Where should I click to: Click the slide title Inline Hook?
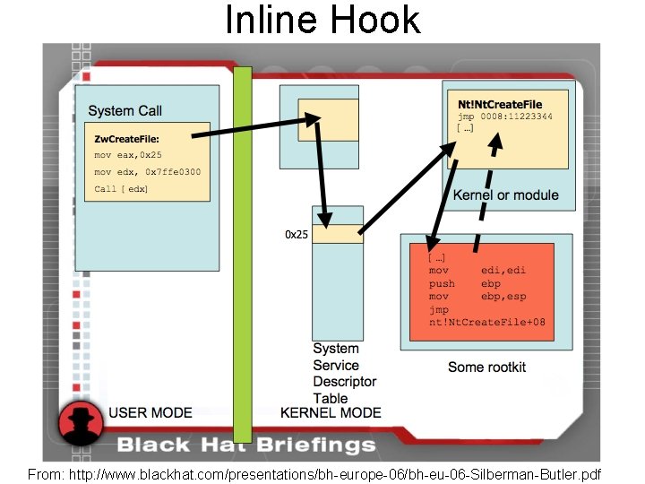[x=322, y=20]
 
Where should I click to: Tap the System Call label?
[x=125, y=111]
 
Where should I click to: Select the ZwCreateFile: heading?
[x=126, y=139]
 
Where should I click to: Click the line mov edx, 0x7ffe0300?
[x=147, y=172]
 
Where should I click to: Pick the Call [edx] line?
[x=121, y=189]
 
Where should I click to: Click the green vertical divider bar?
[x=242, y=251]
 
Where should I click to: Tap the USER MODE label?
[x=150, y=412]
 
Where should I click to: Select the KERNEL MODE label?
[x=331, y=412]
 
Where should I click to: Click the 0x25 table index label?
[x=297, y=235]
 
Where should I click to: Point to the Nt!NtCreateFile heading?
[x=500, y=105]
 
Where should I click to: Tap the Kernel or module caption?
[x=505, y=195]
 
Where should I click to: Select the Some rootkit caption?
[x=486, y=367]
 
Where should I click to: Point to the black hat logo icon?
[x=82, y=426]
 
